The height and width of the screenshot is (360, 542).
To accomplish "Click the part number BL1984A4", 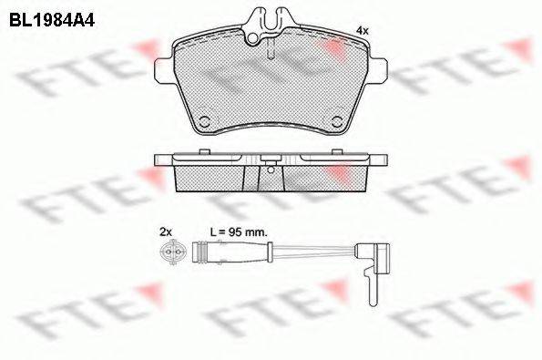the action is tap(52, 20).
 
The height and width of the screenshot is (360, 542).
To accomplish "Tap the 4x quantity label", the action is tap(363, 31).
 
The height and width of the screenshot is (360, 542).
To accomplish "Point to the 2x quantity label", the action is tap(166, 231).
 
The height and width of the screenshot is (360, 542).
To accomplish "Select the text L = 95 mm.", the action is tap(239, 231).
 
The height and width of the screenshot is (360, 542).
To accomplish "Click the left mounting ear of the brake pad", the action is tap(162, 71).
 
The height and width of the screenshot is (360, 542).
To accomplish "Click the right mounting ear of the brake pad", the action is tap(379, 71).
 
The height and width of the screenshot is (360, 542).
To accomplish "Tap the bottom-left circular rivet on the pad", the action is tap(205, 122).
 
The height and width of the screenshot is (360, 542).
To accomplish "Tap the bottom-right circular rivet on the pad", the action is tap(336, 122).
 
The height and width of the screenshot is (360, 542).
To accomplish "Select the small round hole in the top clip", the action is tap(253, 38).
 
